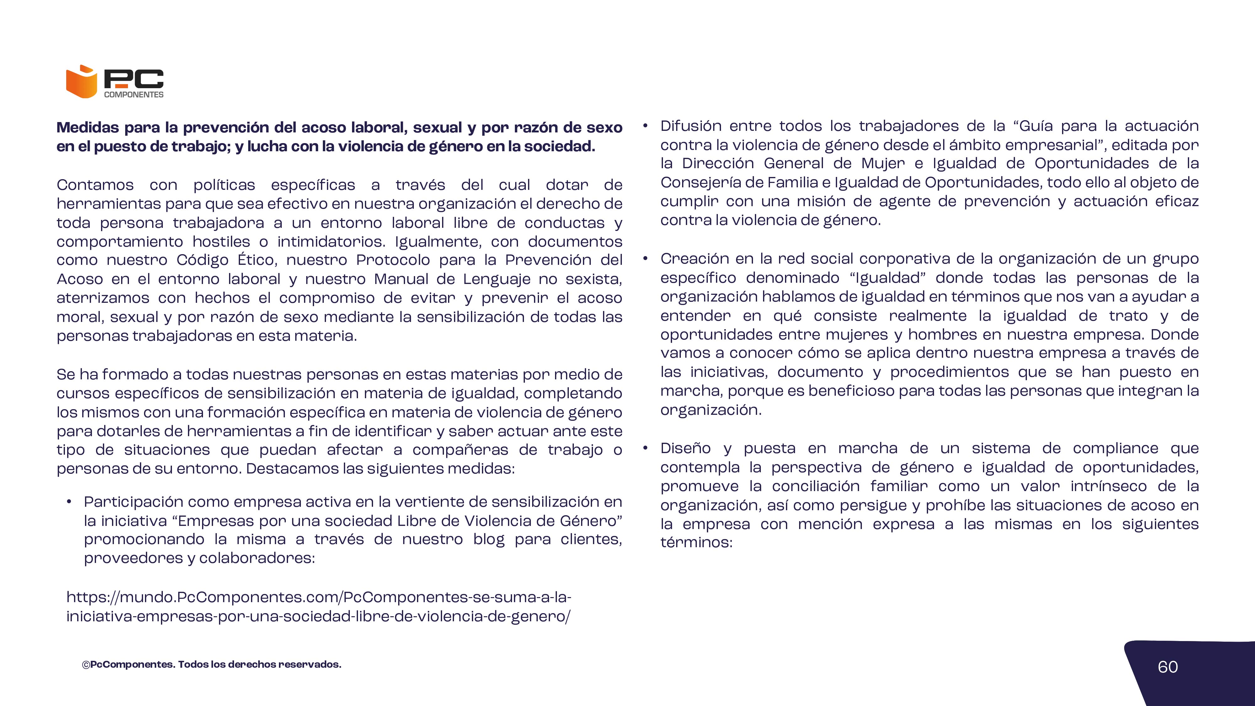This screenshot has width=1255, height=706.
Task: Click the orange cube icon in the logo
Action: (x=81, y=82)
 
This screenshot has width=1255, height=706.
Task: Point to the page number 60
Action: (x=1167, y=667)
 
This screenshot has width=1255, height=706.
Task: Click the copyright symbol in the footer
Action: (x=86, y=665)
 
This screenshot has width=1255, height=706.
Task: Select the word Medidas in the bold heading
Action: (x=88, y=128)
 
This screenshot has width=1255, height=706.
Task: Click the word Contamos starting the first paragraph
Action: (x=95, y=185)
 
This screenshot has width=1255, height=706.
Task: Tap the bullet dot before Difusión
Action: (x=645, y=126)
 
